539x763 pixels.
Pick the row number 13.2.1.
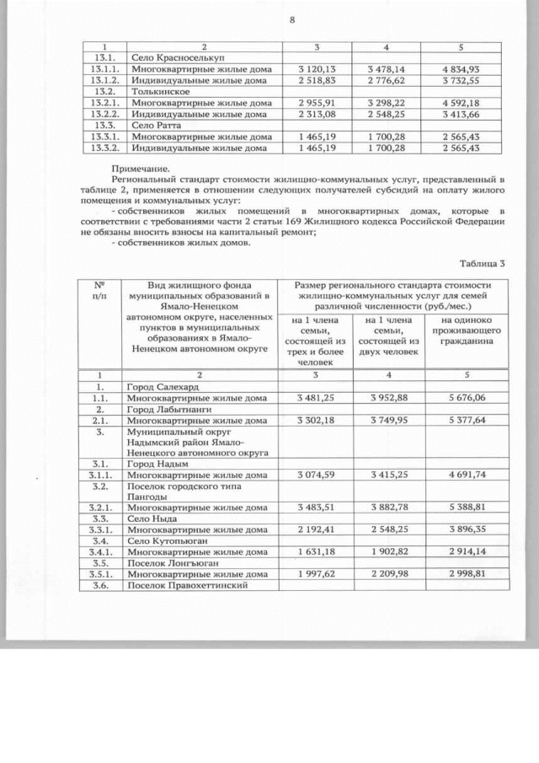[105, 103]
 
